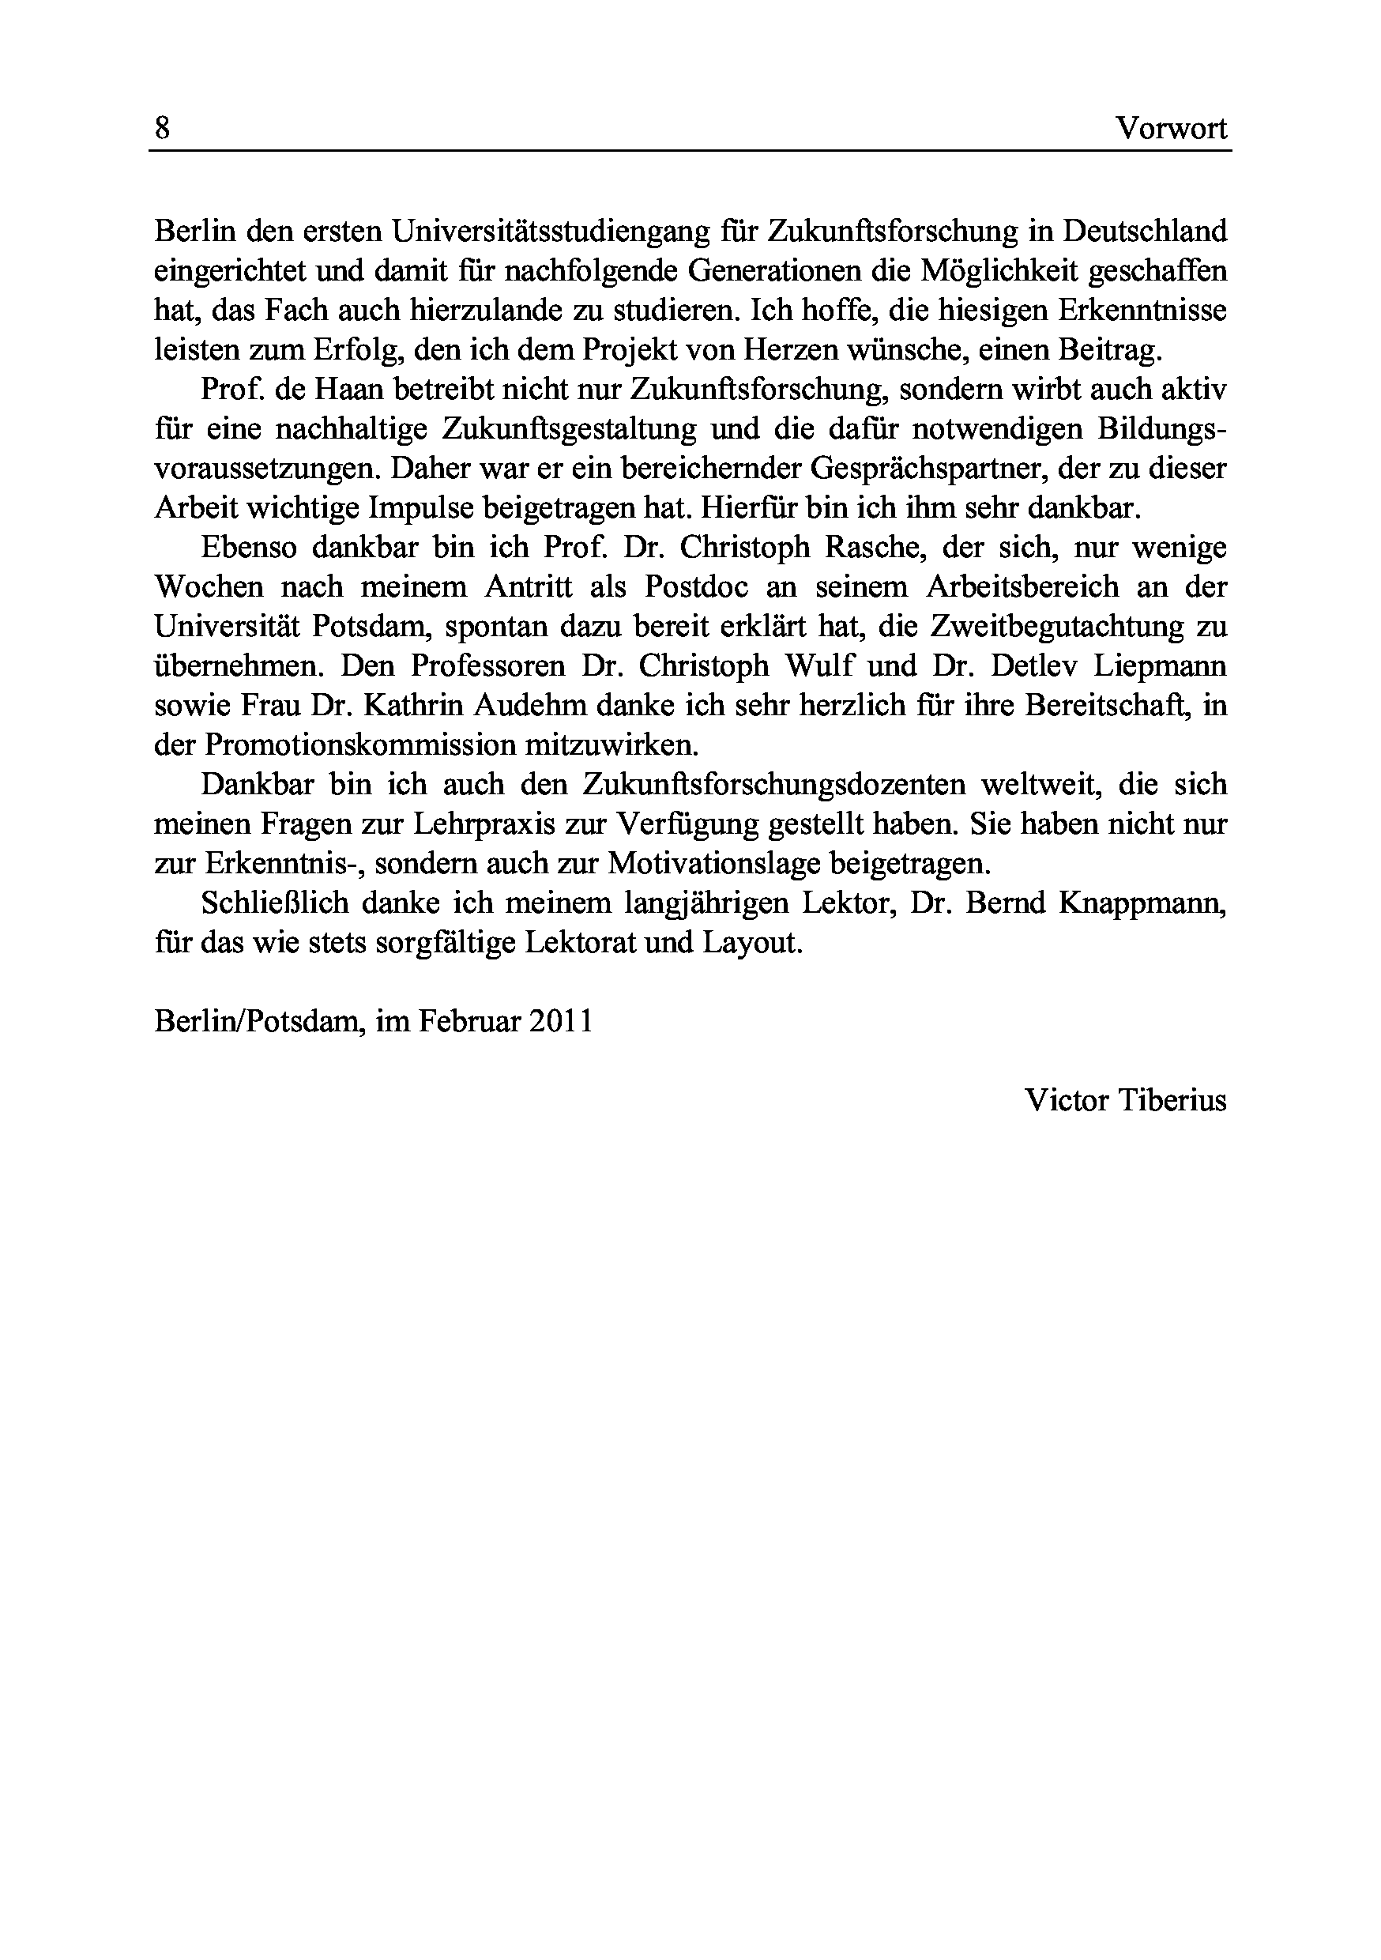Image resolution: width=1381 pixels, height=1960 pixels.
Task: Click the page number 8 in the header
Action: (162, 128)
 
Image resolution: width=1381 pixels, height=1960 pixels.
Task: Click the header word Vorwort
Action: (1172, 128)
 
